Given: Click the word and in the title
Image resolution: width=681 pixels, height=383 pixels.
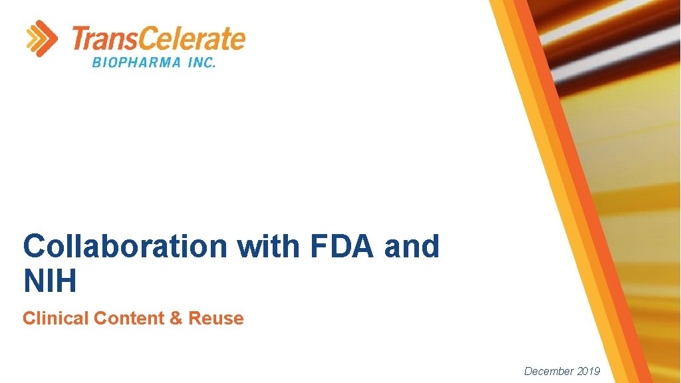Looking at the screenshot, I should [412, 247].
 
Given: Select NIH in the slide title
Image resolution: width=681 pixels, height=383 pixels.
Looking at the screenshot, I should [50, 281].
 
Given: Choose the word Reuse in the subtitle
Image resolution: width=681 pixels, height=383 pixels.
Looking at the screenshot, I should [216, 319].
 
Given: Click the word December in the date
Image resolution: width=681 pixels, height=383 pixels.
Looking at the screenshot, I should [549, 371].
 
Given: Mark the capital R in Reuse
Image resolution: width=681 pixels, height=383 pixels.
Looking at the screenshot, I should [194, 319].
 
